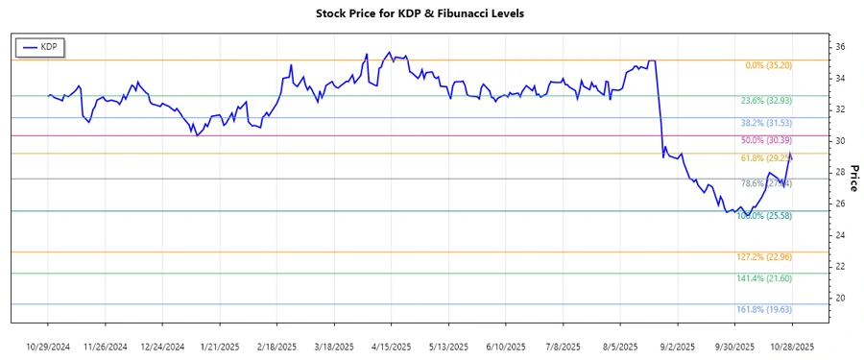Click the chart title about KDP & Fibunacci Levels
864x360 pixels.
420,13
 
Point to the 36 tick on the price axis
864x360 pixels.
839,47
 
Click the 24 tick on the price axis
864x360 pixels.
839,235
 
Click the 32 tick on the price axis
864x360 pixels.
839,109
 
